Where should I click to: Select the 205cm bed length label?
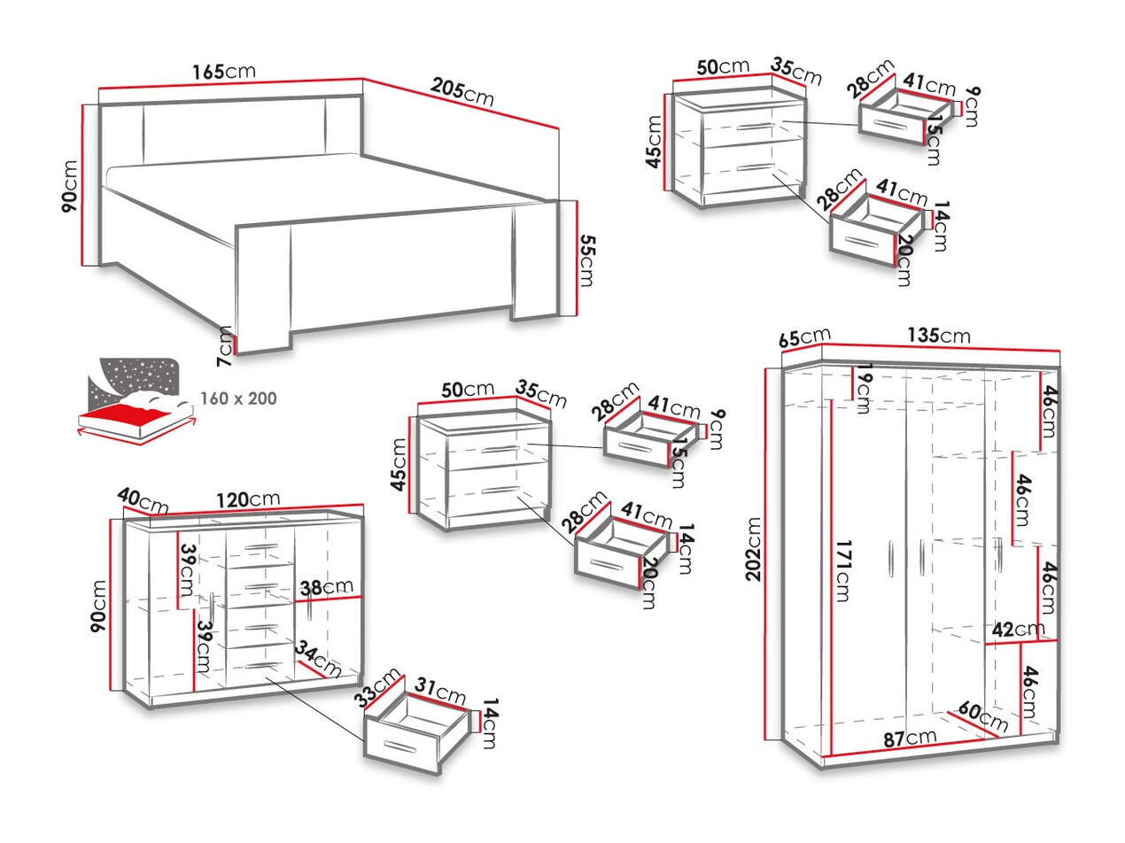click(462, 91)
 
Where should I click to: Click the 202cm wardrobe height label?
click(754, 549)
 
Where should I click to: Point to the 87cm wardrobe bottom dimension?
click(911, 737)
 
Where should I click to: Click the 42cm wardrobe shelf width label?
click(1018, 630)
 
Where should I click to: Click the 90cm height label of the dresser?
click(98, 606)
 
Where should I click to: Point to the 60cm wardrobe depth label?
click(981, 718)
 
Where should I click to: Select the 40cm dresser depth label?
click(142, 502)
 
